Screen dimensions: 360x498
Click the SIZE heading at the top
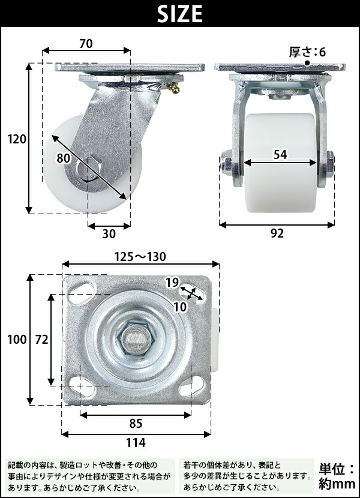[180, 14]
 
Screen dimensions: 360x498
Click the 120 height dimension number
[17, 139]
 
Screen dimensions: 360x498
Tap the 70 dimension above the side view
[86, 44]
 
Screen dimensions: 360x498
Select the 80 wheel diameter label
[63, 158]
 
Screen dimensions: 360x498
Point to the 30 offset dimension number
[109, 234]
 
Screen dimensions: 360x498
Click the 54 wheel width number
[280, 154]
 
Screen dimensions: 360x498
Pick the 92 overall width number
[277, 233]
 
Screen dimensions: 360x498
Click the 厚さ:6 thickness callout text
[307, 52]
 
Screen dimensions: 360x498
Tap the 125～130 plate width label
[140, 256]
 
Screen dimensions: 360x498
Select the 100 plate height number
[17, 340]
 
